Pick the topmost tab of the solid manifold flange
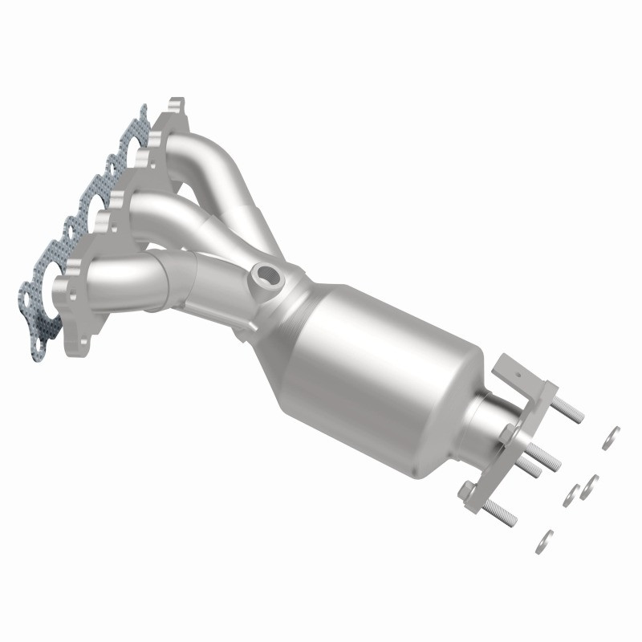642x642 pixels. click(177, 105)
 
